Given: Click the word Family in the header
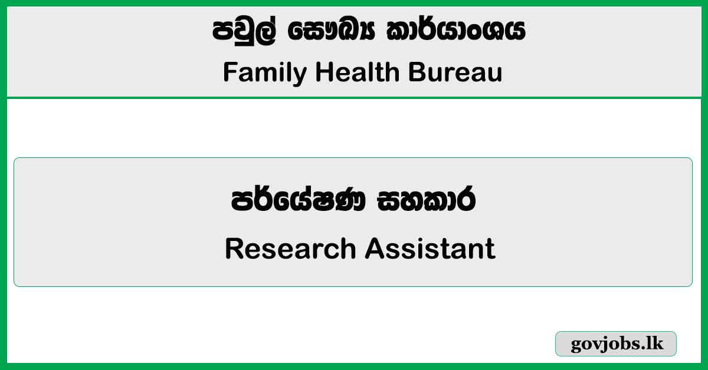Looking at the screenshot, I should (265, 72).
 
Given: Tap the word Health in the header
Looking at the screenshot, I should (358, 72).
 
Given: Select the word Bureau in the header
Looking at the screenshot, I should (455, 72).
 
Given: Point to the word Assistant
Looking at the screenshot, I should (430, 249).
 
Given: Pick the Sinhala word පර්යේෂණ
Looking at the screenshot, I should (301, 202).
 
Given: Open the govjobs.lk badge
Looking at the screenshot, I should (616, 344).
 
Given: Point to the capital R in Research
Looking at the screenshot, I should (234, 249).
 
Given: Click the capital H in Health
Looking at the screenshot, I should (323, 72).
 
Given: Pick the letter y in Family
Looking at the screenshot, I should (301, 75).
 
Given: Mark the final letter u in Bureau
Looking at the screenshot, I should (496, 75).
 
